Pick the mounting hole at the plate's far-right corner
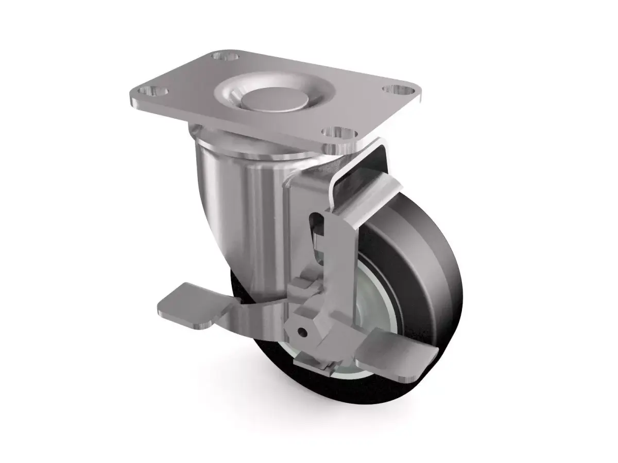(397, 90)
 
